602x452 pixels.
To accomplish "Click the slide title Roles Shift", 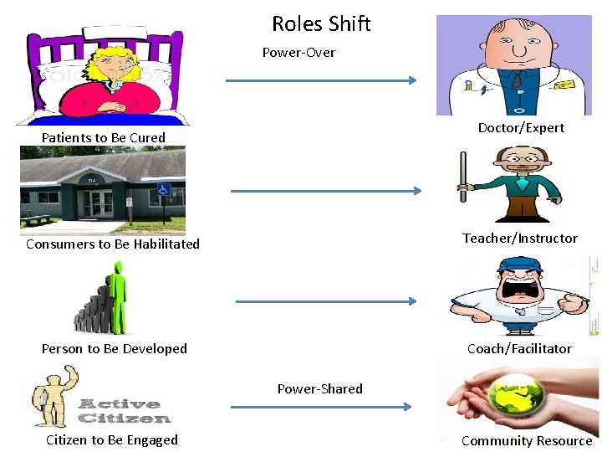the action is tap(321, 24).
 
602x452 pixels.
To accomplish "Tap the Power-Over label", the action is tap(298, 53).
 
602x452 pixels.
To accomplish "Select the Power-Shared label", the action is tap(319, 389).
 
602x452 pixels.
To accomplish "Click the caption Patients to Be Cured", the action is tap(104, 138).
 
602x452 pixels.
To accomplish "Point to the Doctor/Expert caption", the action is tap(521, 128).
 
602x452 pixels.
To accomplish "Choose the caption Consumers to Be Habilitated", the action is tap(113, 244).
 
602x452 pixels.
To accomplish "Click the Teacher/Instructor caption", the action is tap(520, 239).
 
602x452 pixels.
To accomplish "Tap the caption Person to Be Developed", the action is tap(115, 349).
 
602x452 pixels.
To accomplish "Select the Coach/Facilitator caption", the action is tap(519, 349).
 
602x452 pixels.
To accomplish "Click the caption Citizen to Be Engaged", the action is tap(112, 440).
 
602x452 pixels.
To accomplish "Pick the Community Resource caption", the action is tap(527, 441).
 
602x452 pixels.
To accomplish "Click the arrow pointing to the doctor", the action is tap(321, 80).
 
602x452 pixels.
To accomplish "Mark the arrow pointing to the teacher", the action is tap(326, 191).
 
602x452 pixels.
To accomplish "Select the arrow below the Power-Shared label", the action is tap(321, 408).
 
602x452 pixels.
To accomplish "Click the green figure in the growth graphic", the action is tap(119, 297).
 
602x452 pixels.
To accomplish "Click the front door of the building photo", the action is tap(101, 204).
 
